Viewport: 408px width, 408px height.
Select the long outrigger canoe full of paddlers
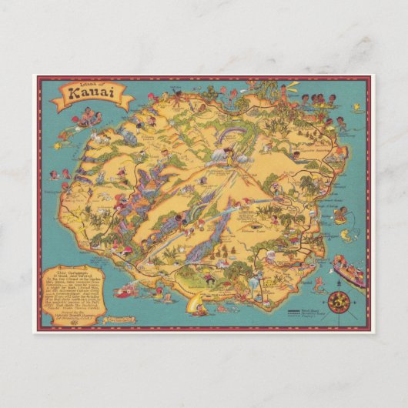pos(348,271)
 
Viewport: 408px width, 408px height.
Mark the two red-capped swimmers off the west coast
pos(59,174)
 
